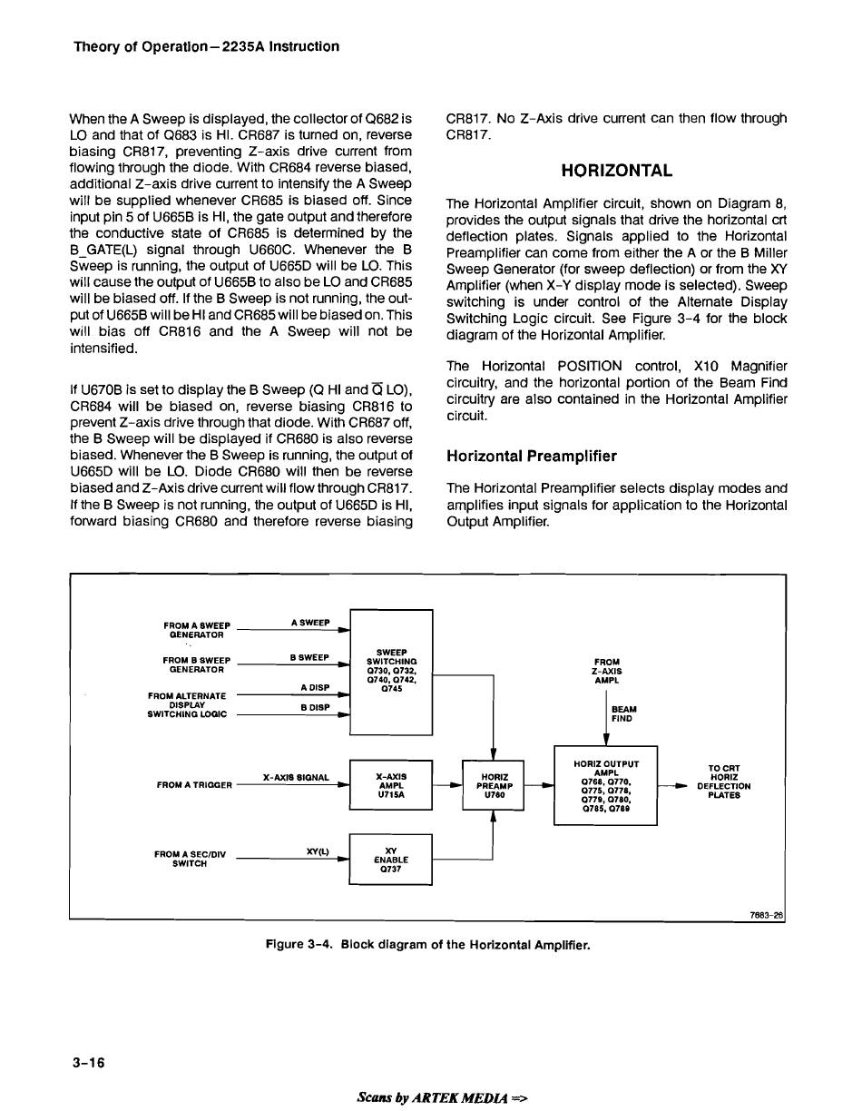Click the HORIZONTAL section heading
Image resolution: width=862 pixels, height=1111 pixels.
(x=616, y=171)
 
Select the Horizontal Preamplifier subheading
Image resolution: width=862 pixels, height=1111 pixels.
(x=532, y=456)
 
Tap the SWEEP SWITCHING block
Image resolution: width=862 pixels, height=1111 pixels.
(x=391, y=672)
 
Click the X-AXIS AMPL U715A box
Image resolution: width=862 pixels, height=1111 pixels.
(x=390, y=785)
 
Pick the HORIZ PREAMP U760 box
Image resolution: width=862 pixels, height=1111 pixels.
(x=494, y=785)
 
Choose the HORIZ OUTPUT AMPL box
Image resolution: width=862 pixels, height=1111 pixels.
(x=605, y=785)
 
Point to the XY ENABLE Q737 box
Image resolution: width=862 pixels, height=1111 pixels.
(x=390, y=859)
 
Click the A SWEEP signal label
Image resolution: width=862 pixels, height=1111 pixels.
(x=309, y=623)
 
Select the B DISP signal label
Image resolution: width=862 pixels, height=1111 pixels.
(x=314, y=707)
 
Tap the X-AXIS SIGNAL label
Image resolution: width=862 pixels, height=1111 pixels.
(x=295, y=778)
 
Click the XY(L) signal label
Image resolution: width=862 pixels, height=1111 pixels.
(x=317, y=851)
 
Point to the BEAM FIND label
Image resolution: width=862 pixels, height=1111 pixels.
(x=624, y=713)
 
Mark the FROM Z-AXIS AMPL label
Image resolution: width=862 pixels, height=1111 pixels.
(x=607, y=671)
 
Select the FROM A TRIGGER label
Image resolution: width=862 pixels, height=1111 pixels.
(x=194, y=784)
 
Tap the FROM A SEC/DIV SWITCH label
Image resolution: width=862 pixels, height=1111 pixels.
(x=191, y=859)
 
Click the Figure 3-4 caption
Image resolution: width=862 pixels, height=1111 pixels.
(x=427, y=945)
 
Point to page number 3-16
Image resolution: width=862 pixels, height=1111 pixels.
(x=89, y=1063)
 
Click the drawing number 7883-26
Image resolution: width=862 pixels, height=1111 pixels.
(x=765, y=915)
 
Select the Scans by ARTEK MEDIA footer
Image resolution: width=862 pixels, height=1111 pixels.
(x=443, y=1096)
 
